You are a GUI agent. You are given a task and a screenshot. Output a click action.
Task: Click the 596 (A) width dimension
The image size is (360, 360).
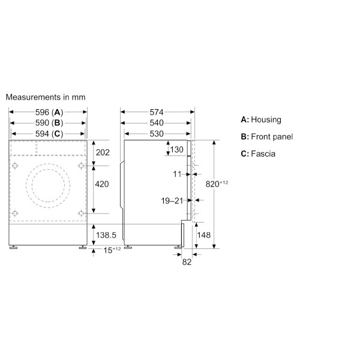click(49, 112)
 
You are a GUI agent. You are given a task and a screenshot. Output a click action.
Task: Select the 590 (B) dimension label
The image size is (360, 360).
click(49, 123)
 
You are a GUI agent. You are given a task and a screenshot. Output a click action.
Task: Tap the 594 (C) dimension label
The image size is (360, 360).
click(49, 133)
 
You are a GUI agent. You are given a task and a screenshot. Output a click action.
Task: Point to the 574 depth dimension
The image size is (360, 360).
click(157, 112)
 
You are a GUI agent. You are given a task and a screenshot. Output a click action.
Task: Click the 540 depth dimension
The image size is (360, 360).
click(157, 123)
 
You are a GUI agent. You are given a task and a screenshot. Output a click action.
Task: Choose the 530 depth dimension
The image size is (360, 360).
click(157, 133)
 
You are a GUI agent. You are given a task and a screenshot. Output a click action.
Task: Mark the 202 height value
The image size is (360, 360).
click(103, 152)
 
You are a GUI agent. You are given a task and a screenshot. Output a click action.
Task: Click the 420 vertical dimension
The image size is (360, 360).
click(103, 184)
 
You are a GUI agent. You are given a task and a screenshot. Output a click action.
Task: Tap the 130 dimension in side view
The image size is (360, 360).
click(176, 150)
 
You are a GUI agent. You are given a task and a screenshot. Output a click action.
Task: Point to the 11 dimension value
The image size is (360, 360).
click(177, 174)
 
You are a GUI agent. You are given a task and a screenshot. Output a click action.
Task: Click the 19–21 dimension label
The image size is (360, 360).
click(172, 201)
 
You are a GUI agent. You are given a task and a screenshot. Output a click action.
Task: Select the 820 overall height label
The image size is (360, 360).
click(217, 184)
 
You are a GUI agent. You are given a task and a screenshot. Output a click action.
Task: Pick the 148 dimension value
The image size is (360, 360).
click(204, 235)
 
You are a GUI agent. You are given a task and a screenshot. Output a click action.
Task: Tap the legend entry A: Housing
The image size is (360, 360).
click(260, 120)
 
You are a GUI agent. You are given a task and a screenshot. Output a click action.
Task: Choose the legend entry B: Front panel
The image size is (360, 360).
click(266, 137)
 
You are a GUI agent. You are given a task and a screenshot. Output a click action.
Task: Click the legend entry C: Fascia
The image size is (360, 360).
click(258, 154)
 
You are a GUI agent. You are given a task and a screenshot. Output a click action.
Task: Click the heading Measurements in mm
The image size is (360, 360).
click(46, 97)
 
